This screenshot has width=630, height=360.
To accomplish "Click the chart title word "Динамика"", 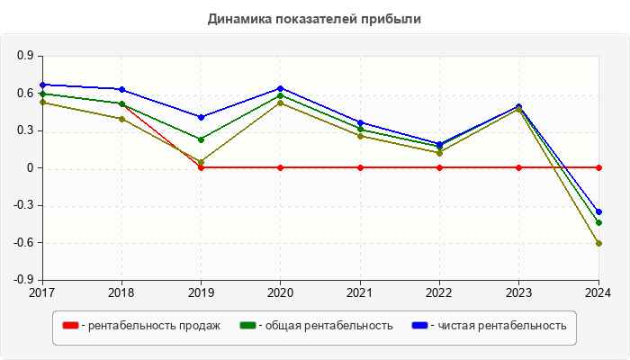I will [237, 18].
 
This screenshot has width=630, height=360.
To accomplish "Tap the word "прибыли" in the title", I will [391, 18].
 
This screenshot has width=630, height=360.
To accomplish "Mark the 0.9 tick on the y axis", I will [25, 56].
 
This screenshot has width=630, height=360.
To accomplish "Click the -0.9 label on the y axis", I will [23, 280].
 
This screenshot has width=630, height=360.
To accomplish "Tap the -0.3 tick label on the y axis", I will [23, 205].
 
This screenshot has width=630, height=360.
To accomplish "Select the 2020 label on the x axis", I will [281, 292].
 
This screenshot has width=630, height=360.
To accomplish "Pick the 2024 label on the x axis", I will [598, 292].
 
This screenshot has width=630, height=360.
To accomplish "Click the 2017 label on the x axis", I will [42, 292].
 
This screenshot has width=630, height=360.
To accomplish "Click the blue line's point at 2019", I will [202, 117].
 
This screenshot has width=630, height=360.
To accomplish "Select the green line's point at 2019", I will [202, 139].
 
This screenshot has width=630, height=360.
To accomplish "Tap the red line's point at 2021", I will [360, 167].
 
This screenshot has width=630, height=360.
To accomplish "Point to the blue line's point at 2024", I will [598, 211].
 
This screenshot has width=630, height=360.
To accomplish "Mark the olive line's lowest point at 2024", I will [598, 243].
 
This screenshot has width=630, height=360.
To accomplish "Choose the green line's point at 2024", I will [598, 222].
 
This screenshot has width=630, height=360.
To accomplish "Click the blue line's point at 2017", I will [42, 85].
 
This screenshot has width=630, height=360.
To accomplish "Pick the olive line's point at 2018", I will [121, 119].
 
